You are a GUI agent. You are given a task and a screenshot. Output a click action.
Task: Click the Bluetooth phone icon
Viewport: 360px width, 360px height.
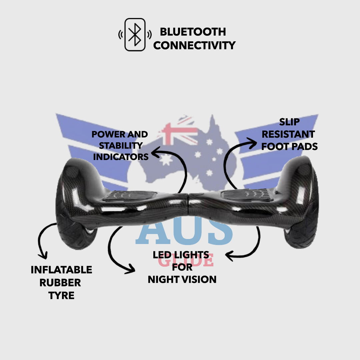click(135, 34)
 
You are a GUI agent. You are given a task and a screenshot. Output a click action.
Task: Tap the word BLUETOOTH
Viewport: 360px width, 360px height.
click(193, 32)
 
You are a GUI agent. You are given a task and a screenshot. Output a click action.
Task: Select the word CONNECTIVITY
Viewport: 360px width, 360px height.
click(194, 45)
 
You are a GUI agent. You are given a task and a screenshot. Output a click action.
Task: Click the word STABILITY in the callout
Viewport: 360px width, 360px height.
click(121, 146)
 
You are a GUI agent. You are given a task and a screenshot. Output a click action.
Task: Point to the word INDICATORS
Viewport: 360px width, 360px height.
click(121, 157)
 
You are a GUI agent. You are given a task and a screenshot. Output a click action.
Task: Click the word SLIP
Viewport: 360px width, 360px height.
click(289, 122)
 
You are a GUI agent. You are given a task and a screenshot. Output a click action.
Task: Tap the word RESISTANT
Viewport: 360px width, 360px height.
click(288, 134)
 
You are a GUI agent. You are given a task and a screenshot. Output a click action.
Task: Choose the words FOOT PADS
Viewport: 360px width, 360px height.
click(290, 146)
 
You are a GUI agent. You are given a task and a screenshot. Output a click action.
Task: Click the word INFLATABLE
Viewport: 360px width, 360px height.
click(62, 270)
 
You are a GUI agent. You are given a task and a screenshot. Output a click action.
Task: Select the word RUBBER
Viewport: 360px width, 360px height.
click(60, 283)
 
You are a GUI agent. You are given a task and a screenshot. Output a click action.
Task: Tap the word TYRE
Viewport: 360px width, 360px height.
click(61, 295)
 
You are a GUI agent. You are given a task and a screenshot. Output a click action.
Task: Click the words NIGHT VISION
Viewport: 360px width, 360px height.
click(182, 280)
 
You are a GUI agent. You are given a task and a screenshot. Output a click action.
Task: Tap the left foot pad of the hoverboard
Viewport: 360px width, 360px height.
click(130, 196)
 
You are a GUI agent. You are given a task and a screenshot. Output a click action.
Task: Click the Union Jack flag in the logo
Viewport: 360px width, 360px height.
click(178, 131)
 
